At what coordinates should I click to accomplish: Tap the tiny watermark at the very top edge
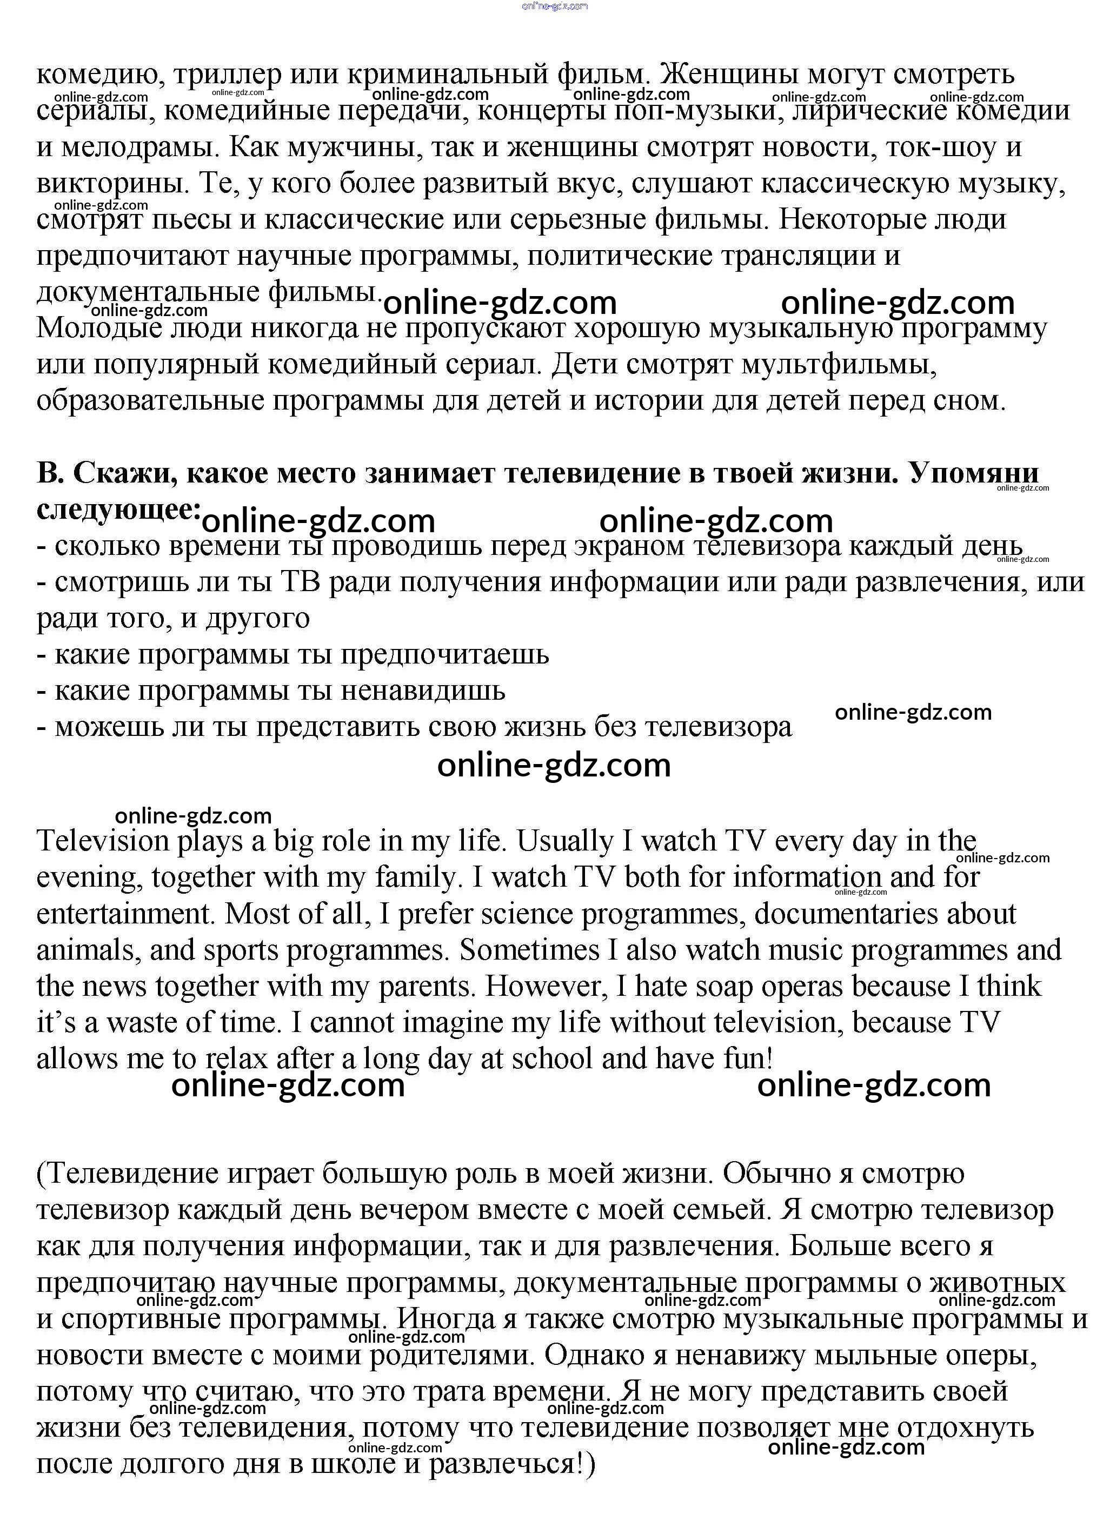pos(554,5)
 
